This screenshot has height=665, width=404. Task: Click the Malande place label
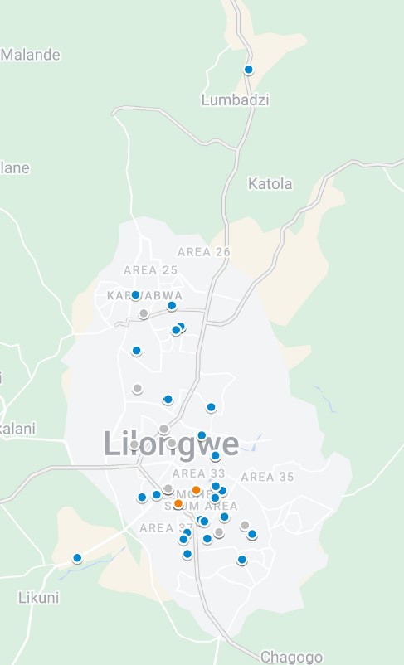(x=31, y=55)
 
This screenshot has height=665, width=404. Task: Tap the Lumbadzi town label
(x=236, y=100)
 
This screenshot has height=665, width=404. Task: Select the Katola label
(x=270, y=183)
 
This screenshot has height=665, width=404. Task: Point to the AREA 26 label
(x=204, y=252)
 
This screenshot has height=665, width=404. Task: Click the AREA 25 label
(x=151, y=270)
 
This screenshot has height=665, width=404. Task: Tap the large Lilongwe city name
(x=172, y=444)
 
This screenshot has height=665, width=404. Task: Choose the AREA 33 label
(x=199, y=473)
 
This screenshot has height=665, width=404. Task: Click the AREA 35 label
(x=267, y=477)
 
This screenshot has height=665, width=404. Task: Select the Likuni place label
(x=39, y=598)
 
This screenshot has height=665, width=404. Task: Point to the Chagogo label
(x=291, y=657)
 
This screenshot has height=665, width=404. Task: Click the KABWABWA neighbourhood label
(x=146, y=295)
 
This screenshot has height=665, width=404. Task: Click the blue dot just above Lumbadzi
(x=248, y=70)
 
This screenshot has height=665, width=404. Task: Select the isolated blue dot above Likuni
(x=77, y=558)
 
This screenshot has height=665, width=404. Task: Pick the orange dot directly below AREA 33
(x=197, y=490)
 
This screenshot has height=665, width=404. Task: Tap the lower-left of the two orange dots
(x=178, y=503)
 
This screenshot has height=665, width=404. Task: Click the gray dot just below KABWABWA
(x=144, y=313)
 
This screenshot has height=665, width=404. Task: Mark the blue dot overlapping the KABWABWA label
(x=136, y=295)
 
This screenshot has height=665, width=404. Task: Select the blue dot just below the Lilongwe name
(x=216, y=456)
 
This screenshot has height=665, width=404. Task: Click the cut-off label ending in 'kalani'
(x=17, y=429)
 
